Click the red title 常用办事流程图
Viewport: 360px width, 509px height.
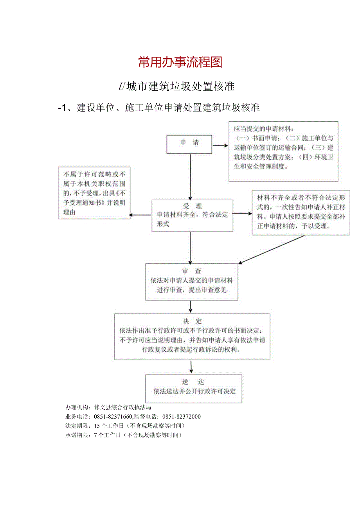point(180,62)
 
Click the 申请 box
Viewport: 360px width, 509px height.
point(189,144)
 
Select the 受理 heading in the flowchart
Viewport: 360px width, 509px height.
point(192,206)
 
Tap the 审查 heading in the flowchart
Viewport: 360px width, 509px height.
point(192,271)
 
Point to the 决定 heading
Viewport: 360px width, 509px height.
point(192,321)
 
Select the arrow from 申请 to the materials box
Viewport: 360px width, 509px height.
point(220,146)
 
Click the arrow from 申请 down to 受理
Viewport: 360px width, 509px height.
point(190,176)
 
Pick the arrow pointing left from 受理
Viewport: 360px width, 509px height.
point(140,215)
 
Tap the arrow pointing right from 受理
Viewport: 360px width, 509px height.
point(242,214)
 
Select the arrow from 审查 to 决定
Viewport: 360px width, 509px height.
point(191,306)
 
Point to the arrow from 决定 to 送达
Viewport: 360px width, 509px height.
point(191,367)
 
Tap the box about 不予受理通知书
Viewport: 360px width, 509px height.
point(94,193)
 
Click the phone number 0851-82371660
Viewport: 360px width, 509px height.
point(113,417)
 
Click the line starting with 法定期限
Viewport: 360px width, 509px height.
point(125,426)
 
